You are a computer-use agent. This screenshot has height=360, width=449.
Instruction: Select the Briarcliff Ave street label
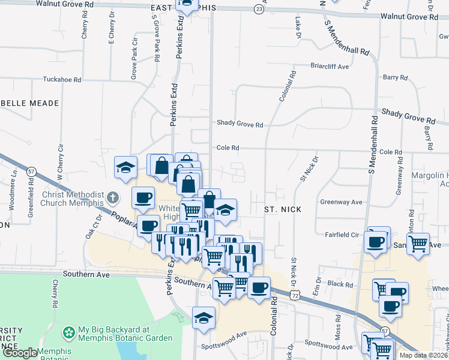[330, 67]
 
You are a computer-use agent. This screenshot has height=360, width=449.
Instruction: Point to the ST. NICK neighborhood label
[282, 209]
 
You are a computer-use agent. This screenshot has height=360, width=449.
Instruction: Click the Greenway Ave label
[342, 202]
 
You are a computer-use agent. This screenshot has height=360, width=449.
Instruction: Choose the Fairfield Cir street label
[342, 235]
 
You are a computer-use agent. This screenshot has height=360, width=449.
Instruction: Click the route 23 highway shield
[258, 10]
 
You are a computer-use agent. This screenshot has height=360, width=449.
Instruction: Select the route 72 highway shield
[293, 295]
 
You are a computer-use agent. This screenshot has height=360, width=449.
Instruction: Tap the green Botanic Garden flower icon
[70, 331]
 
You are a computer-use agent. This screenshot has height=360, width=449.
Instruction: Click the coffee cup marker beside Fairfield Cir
[376, 242]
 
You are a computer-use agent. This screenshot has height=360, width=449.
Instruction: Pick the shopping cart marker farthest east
[418, 243]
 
